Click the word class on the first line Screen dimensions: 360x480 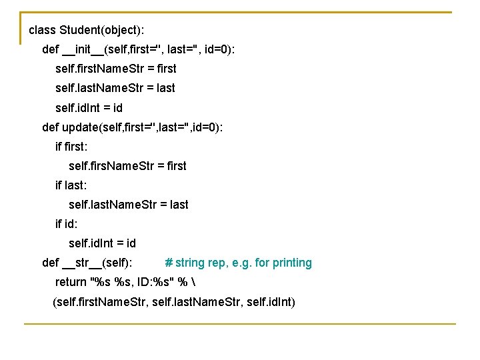[42, 31]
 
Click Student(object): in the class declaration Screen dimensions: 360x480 [101, 31]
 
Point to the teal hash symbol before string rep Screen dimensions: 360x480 [169, 263]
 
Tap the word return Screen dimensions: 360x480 [71, 282]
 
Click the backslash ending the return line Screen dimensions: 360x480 [201, 282]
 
